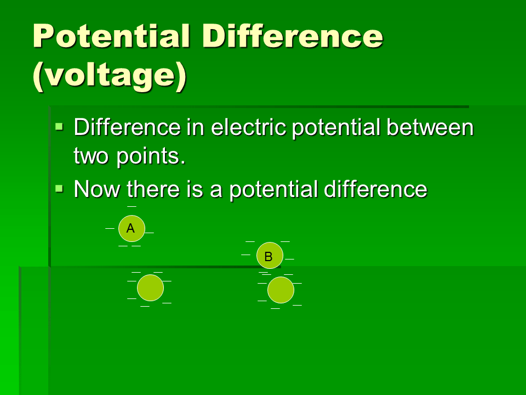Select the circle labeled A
(131, 229)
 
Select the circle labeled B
(270, 256)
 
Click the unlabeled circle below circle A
(150, 288)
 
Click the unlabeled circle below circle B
(281, 290)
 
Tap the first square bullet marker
(60, 127)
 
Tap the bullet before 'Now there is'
(60, 188)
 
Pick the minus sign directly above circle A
(131, 206)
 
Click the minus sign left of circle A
(110, 228)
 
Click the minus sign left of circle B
(245, 254)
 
